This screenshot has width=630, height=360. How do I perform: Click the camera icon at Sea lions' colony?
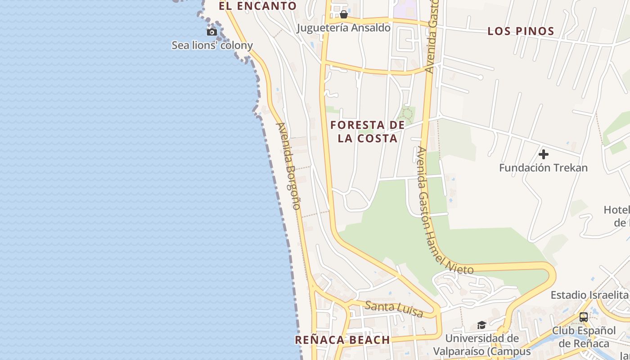(211, 32)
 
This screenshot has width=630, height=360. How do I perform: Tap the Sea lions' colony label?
(212, 45)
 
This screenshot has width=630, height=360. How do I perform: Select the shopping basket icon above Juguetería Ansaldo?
(344, 14)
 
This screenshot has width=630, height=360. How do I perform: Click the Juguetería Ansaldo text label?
(343, 28)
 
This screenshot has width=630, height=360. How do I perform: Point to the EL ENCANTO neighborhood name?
(257, 6)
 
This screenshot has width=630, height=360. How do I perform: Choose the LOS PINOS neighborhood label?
(521, 31)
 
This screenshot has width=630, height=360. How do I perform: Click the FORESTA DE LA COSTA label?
(368, 131)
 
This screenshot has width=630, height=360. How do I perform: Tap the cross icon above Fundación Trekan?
(544, 154)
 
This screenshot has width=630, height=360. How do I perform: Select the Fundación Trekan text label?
(543, 168)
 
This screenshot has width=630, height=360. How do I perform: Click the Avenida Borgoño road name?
(288, 166)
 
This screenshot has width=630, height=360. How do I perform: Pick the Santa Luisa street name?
(393, 309)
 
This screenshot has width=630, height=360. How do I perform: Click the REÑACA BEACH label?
(342, 340)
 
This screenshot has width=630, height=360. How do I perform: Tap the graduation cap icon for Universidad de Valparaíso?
(481, 325)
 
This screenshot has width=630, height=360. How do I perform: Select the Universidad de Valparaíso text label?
(482, 344)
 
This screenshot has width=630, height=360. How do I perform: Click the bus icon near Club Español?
(584, 317)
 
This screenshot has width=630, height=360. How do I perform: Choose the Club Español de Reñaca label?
(584, 337)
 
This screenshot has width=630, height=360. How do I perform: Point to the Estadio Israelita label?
(589, 295)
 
